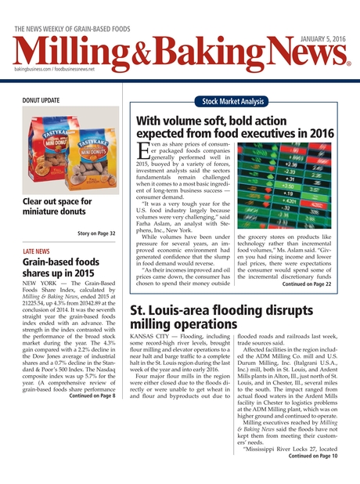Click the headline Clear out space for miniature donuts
59,207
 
